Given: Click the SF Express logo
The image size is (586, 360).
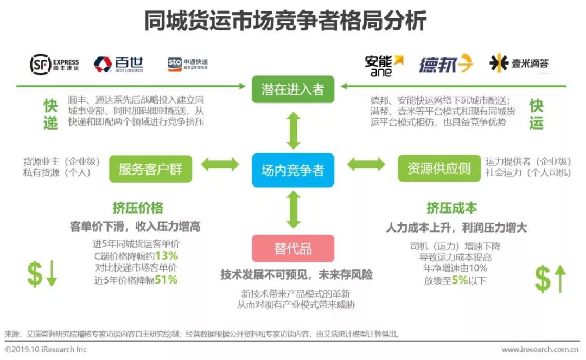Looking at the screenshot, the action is point(54,64).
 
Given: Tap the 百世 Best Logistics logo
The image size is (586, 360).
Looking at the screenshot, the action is point(118,64).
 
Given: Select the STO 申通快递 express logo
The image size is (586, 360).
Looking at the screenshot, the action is point(188,64).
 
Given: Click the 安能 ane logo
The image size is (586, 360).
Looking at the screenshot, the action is point(384,65).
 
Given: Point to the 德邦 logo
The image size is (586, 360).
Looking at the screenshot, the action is point(445,64).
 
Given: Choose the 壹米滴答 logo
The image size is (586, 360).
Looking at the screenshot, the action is point(519,63).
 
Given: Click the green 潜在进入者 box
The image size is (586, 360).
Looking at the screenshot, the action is point(293,89).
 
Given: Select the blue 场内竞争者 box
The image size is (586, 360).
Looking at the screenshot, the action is point(293,170).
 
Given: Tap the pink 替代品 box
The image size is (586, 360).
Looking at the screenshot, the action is point(293,248).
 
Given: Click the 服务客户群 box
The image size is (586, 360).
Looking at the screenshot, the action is point(151,169).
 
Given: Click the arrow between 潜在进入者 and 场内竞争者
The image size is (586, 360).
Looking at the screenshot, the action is point(294,130).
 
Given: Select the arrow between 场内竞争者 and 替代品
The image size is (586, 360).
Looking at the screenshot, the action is point(294,209).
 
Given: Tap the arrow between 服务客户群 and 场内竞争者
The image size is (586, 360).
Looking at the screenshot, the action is point(220,164).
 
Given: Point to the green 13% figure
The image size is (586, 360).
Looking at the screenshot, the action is point(166,255).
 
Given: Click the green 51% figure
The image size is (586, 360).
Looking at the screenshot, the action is point(166,280).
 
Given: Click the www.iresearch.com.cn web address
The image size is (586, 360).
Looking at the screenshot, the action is point(540,350).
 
